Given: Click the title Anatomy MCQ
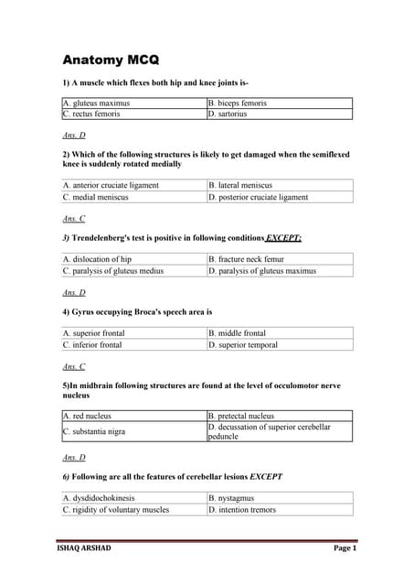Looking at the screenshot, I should [111, 60].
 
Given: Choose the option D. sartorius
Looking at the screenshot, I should [228, 114].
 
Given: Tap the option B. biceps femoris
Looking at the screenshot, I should [238, 103].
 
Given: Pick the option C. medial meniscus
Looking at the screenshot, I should [96, 197].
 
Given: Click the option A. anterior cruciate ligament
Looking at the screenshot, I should [111, 185].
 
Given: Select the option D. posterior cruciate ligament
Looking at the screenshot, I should [259, 197].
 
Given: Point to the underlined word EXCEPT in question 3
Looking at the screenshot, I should [283, 238].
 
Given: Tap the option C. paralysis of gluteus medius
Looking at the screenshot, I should [113, 271].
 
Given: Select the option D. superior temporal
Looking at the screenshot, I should [243, 345].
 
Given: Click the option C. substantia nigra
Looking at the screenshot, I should [94, 431].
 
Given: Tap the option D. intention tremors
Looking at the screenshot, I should [242, 510].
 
